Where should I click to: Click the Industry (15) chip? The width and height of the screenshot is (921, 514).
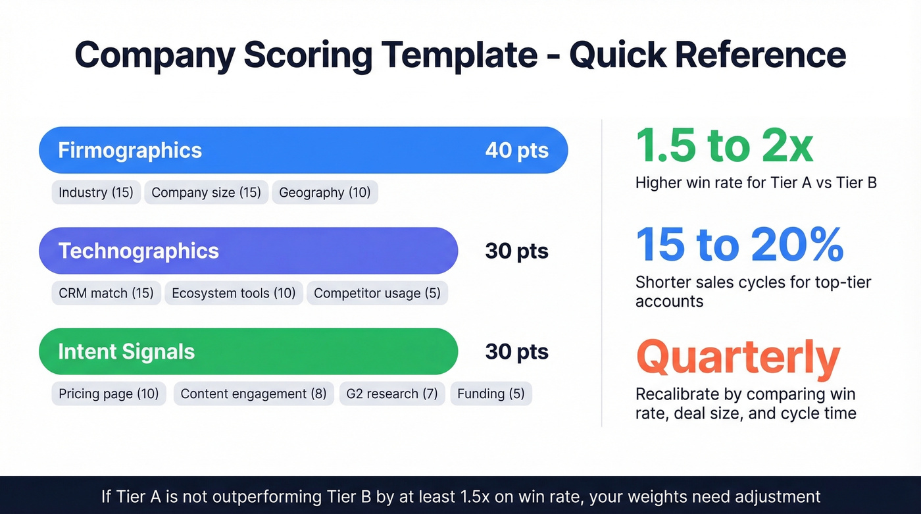tap(96, 193)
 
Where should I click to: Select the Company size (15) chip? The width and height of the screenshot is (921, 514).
tap(206, 193)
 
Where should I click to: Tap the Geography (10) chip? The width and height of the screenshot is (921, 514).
tap(324, 193)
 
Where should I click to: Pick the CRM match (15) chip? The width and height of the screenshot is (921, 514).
tap(106, 294)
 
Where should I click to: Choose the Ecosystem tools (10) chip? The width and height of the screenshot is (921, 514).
tap(234, 294)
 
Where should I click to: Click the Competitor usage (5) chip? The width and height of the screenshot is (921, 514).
tap(377, 294)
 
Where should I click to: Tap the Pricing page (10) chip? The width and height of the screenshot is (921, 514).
tap(109, 394)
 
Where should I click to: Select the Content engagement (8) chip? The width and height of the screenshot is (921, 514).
tap(253, 394)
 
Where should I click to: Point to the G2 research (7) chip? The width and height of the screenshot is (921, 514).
tap(392, 394)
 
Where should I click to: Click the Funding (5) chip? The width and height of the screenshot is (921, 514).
tap(491, 394)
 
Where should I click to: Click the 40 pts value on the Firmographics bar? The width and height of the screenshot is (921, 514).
tap(516, 150)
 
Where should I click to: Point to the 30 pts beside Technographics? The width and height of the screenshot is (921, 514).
tap(516, 251)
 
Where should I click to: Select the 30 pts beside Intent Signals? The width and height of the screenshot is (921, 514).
tap(516, 351)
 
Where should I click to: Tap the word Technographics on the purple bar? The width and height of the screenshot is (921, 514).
tap(138, 251)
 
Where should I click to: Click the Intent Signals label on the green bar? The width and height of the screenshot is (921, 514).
tap(126, 351)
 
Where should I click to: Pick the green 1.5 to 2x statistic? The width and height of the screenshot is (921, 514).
tap(724, 146)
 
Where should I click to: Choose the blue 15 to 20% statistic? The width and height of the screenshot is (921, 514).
tap(739, 245)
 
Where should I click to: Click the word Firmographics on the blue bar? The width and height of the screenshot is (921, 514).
tap(130, 150)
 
